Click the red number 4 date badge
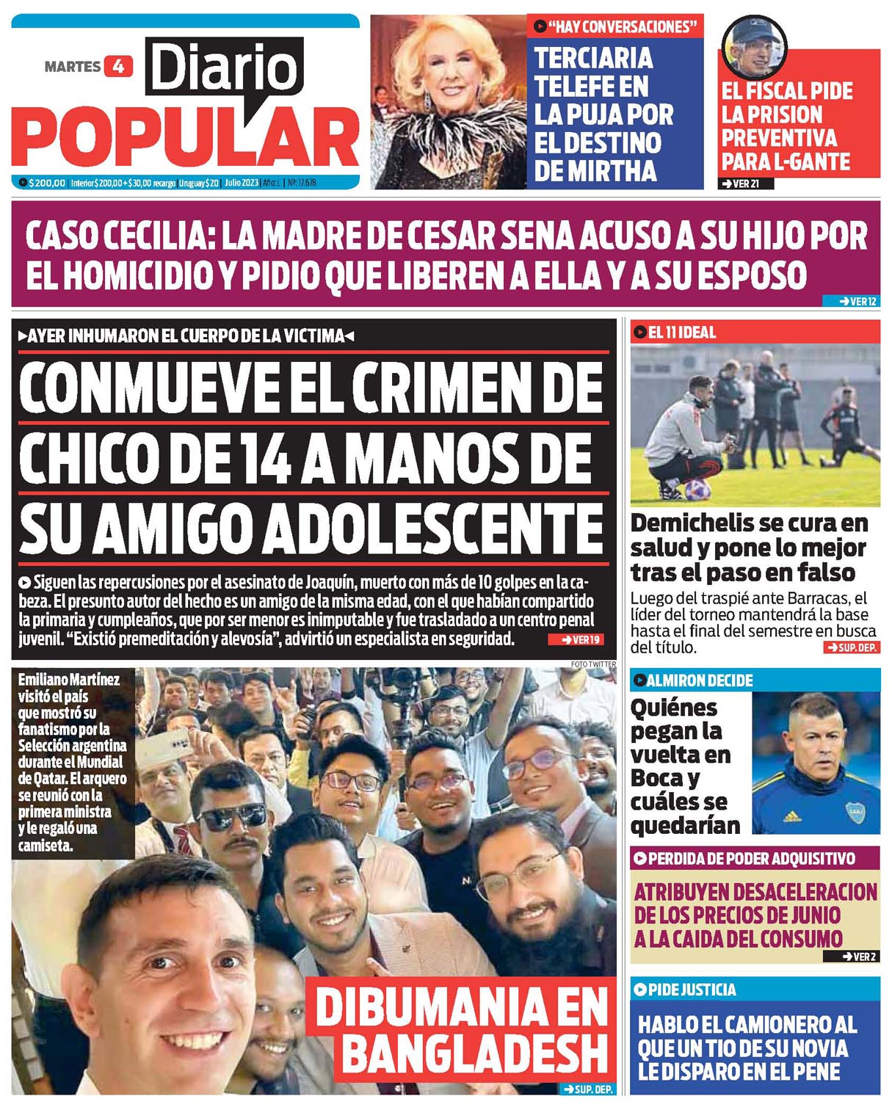pos(118,66)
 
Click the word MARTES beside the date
pos(72,67)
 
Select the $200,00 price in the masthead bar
pos(46,183)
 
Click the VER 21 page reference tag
pos(745,184)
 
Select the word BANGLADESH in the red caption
pos(475,1053)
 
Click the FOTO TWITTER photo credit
pos(593,664)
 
